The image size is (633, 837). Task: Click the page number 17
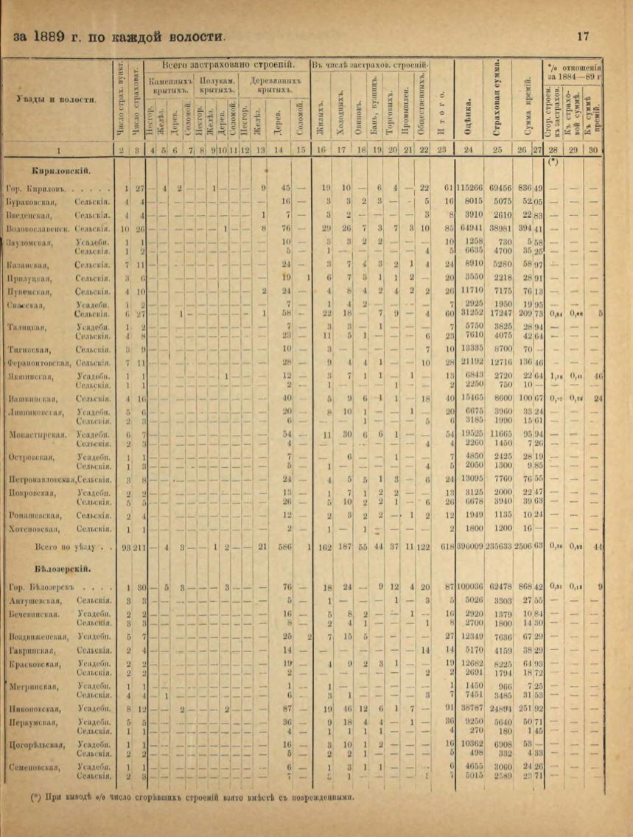(583, 35)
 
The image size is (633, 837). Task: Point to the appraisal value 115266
(469, 187)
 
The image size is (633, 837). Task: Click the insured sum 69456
(500, 187)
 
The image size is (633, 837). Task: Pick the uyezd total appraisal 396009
(469, 548)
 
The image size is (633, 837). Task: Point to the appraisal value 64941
(470, 228)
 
